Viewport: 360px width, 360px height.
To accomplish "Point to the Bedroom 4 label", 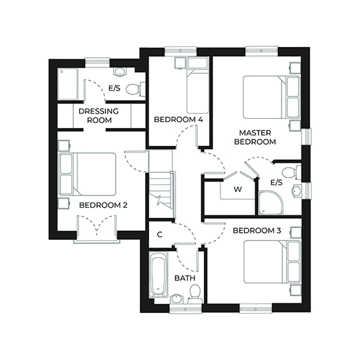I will click(x=178, y=120).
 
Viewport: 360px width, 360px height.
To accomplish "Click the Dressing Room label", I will click(x=98, y=115).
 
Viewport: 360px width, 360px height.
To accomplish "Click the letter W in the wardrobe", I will click(x=237, y=189).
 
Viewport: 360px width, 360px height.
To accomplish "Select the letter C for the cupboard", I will click(x=159, y=235).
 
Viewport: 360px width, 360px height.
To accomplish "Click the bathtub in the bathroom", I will click(x=158, y=275).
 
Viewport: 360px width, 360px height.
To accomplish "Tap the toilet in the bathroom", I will click(x=195, y=292).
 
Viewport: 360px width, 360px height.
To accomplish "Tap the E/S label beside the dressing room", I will click(x=115, y=88).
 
